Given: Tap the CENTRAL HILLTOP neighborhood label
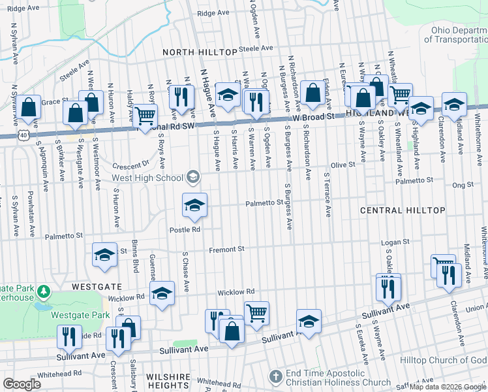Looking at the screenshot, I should [403, 210].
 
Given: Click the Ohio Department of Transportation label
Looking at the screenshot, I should [455, 35].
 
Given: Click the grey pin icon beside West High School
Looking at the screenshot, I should [192, 176].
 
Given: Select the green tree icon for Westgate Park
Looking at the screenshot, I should [43, 290].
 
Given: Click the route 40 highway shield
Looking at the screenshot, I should [23, 134].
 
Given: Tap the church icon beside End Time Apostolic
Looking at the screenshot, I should [277, 376].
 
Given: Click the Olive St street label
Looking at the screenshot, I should [343, 165].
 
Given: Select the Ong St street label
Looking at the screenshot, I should [463, 185].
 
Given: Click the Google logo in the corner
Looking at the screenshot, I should [22, 384].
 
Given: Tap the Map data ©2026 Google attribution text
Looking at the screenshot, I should [447, 387].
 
